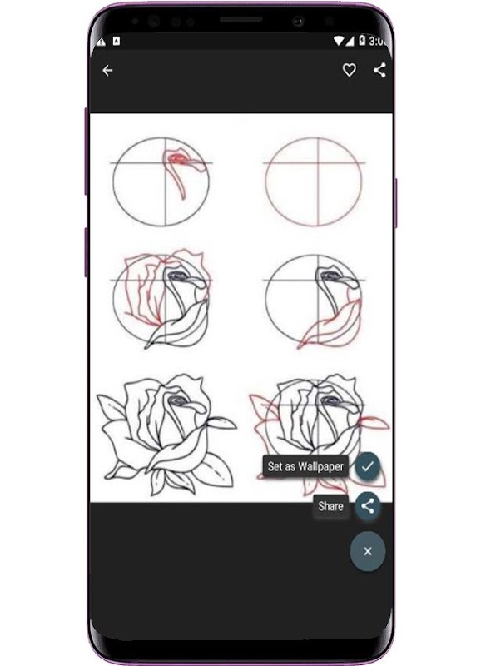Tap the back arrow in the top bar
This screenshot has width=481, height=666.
click(107, 70)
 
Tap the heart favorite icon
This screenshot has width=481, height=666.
click(349, 70)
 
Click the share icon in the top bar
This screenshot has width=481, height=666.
click(379, 70)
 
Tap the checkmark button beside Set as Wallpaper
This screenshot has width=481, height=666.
click(368, 466)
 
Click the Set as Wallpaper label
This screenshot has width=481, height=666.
click(305, 466)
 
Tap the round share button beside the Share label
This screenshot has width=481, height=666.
click(368, 506)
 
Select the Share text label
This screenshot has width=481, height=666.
click(330, 506)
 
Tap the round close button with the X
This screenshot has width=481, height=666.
click(368, 551)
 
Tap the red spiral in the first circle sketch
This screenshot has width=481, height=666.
click(178, 160)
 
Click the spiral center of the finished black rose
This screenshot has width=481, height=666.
click(176, 400)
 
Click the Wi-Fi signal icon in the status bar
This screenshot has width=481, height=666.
click(339, 41)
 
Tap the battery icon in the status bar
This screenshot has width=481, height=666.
click(362, 40)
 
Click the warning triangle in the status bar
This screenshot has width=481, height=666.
click(101, 42)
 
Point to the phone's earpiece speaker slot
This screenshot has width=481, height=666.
click(240, 19)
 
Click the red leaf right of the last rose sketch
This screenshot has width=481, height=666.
click(374, 422)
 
